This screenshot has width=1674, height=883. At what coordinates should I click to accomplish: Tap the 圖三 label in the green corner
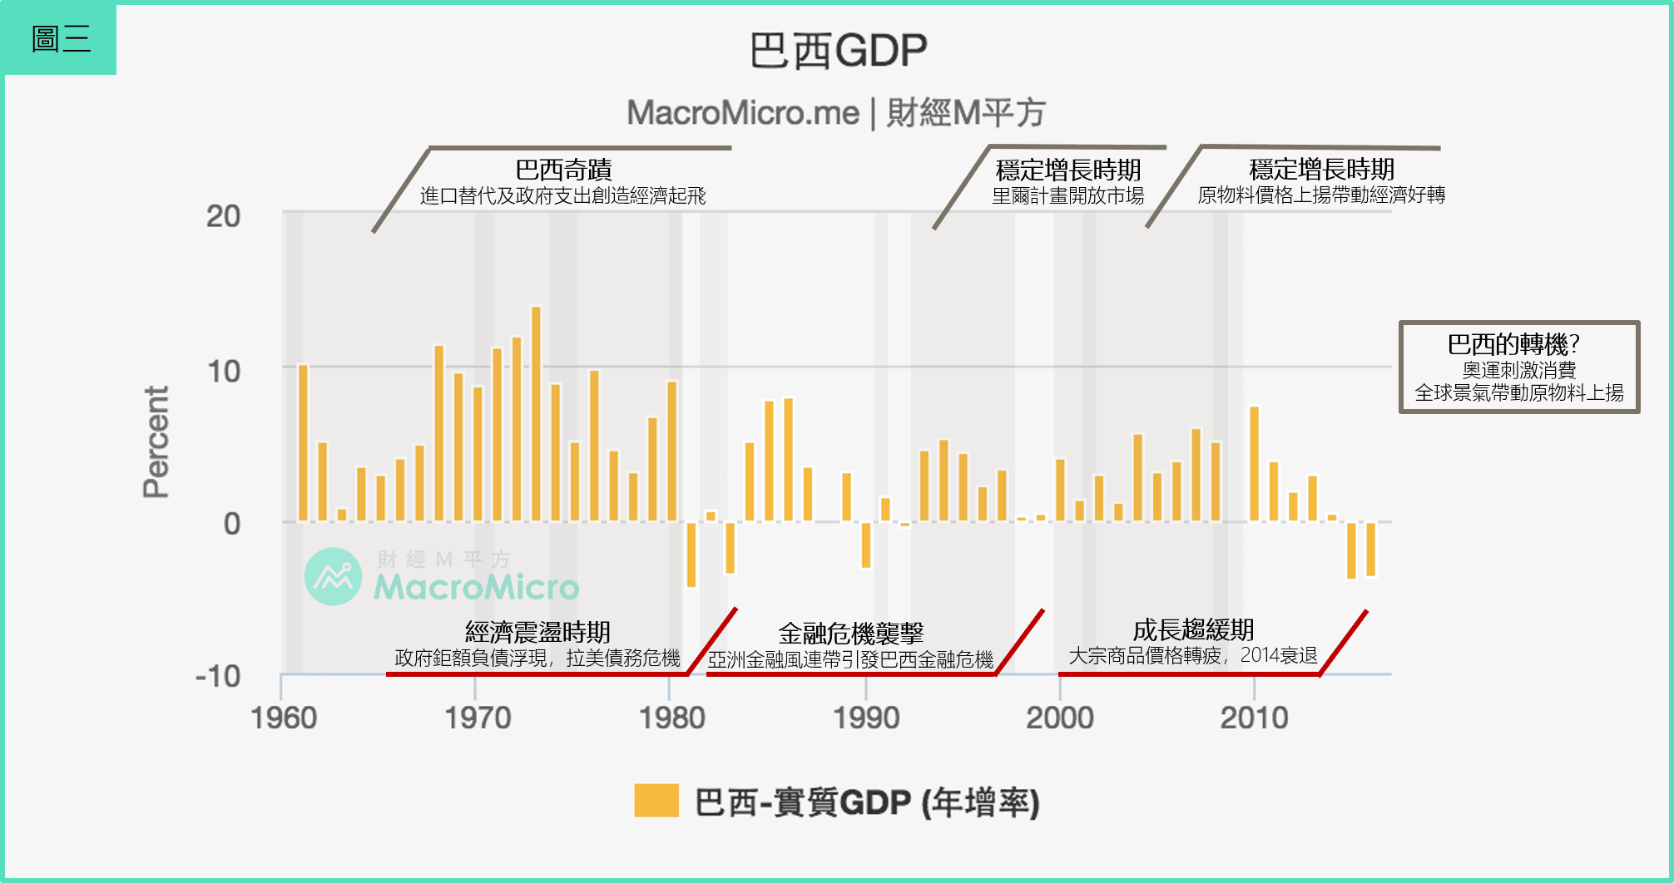(x=60, y=39)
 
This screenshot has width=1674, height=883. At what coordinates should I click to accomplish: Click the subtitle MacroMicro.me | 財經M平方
(x=835, y=113)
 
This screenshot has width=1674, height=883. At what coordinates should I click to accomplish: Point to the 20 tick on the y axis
(x=223, y=217)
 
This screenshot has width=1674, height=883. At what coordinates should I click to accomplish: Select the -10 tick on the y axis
(x=218, y=677)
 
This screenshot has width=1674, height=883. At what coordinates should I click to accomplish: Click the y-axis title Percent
(x=156, y=441)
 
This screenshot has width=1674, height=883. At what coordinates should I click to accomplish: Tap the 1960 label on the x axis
(x=284, y=718)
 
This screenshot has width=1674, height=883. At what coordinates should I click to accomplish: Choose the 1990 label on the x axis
(x=866, y=718)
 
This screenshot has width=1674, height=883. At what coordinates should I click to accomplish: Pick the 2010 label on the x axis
(x=1254, y=718)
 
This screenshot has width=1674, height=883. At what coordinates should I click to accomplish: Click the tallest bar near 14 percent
(x=536, y=414)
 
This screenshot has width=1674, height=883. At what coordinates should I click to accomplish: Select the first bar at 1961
(x=303, y=442)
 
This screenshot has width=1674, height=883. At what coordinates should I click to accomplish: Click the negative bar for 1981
(x=691, y=555)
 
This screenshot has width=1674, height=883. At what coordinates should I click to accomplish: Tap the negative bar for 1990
(x=866, y=545)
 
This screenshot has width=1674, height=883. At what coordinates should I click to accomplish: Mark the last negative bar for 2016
(x=1370, y=549)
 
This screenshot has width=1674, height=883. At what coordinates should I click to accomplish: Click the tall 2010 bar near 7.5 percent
(x=1254, y=464)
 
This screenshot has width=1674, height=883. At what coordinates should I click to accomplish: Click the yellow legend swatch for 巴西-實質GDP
(x=656, y=801)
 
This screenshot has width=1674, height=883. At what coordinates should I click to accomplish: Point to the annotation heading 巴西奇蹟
(x=563, y=170)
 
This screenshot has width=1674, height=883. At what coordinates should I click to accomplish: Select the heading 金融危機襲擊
(x=850, y=634)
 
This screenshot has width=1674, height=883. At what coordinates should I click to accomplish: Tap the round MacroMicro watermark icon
(x=334, y=576)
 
